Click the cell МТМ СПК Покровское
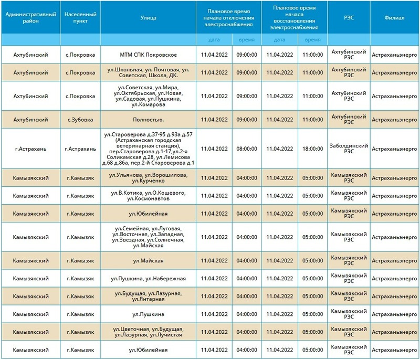click(x=149, y=55)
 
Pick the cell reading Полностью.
click(x=149, y=120)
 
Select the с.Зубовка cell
click(x=80, y=120)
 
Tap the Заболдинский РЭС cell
click(x=349, y=149)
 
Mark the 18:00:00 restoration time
click(x=313, y=149)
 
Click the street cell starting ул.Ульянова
click(x=149, y=178)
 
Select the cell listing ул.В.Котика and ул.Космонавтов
click(x=149, y=196)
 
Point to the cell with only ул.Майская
click(x=149, y=261)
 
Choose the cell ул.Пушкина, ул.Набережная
click(x=149, y=278)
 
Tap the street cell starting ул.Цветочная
click(x=149, y=332)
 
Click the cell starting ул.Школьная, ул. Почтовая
click(x=149, y=72)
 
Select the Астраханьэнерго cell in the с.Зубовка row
click(x=394, y=120)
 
